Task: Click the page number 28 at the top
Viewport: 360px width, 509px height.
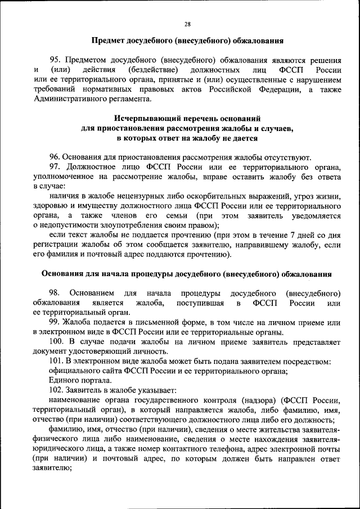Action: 187,24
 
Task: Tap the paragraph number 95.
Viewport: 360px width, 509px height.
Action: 55,60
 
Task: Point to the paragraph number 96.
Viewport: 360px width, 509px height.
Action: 55,157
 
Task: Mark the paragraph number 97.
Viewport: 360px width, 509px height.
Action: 55,167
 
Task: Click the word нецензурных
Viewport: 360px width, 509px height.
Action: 130,196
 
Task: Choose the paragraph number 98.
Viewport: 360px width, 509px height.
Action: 55,294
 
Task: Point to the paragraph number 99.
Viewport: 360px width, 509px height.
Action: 55,322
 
